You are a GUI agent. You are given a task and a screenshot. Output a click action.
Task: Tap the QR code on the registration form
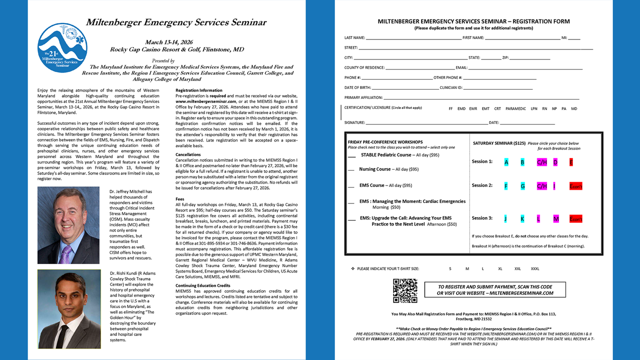tap(405, 291)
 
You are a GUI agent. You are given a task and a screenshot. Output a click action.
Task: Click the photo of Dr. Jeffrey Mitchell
tap(68, 225)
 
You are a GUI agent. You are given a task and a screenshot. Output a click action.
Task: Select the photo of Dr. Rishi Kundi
tap(68, 309)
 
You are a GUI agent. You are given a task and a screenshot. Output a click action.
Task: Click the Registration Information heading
tap(199, 90)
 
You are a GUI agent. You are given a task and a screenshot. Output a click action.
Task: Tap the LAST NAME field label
tap(354, 38)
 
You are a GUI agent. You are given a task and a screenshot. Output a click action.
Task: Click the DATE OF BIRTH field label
tap(357, 87)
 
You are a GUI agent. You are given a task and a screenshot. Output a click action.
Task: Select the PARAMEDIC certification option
tap(515, 108)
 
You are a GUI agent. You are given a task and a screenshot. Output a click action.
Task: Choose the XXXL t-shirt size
tap(535, 269)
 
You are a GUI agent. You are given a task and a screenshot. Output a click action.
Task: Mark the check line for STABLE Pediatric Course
tap(352, 156)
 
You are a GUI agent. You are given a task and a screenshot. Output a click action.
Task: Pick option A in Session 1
tap(506, 162)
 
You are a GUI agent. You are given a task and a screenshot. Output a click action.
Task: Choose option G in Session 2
tap(522, 186)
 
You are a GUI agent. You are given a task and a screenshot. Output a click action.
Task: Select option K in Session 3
tap(522, 219)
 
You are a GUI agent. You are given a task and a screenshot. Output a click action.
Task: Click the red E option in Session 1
tap(571, 162)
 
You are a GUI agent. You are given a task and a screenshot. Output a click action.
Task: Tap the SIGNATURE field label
tap(354, 122)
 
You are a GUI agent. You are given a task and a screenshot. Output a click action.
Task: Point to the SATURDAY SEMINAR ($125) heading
tap(499, 143)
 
